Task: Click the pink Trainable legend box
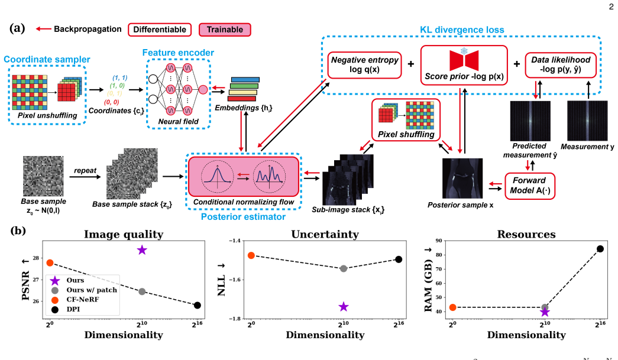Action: pyautogui.click(x=225, y=30)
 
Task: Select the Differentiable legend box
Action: pyautogui.click(x=160, y=30)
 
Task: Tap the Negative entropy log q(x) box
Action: pyautogui.click(x=364, y=65)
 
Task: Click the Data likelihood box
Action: pyautogui.click(x=561, y=65)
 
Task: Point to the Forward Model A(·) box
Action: pyautogui.click(x=529, y=186)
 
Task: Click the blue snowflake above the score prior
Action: pyautogui.click(x=464, y=51)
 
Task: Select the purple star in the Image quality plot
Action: pyautogui.click(x=142, y=249)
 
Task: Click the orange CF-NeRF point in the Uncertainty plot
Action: pyautogui.click(x=251, y=255)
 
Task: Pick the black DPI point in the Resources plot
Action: pyautogui.click(x=600, y=249)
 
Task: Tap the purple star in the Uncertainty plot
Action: pyautogui.click(x=344, y=306)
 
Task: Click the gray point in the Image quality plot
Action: pyautogui.click(x=142, y=291)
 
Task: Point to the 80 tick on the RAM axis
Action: pyautogui.click(x=439, y=255)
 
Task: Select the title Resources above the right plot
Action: pyautogui.click(x=526, y=234)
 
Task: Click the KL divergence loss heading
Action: pyautogui.click(x=462, y=30)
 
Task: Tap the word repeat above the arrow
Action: pyautogui.click(x=85, y=171)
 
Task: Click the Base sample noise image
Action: pyautogui.click(x=43, y=176)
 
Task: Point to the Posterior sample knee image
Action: pyautogui.click(x=462, y=179)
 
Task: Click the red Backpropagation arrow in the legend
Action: pyautogui.click(x=43, y=29)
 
